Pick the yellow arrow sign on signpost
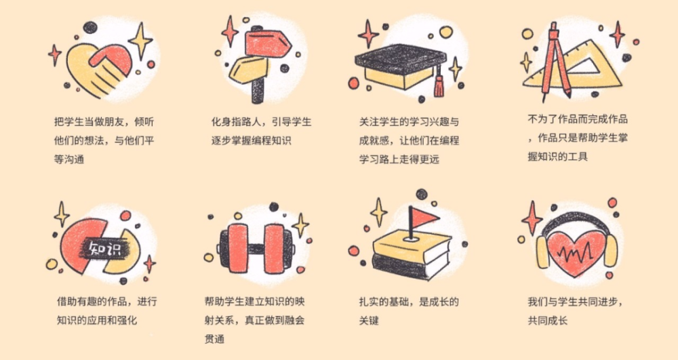[x=251, y=69]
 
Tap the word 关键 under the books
[x=369, y=319]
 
